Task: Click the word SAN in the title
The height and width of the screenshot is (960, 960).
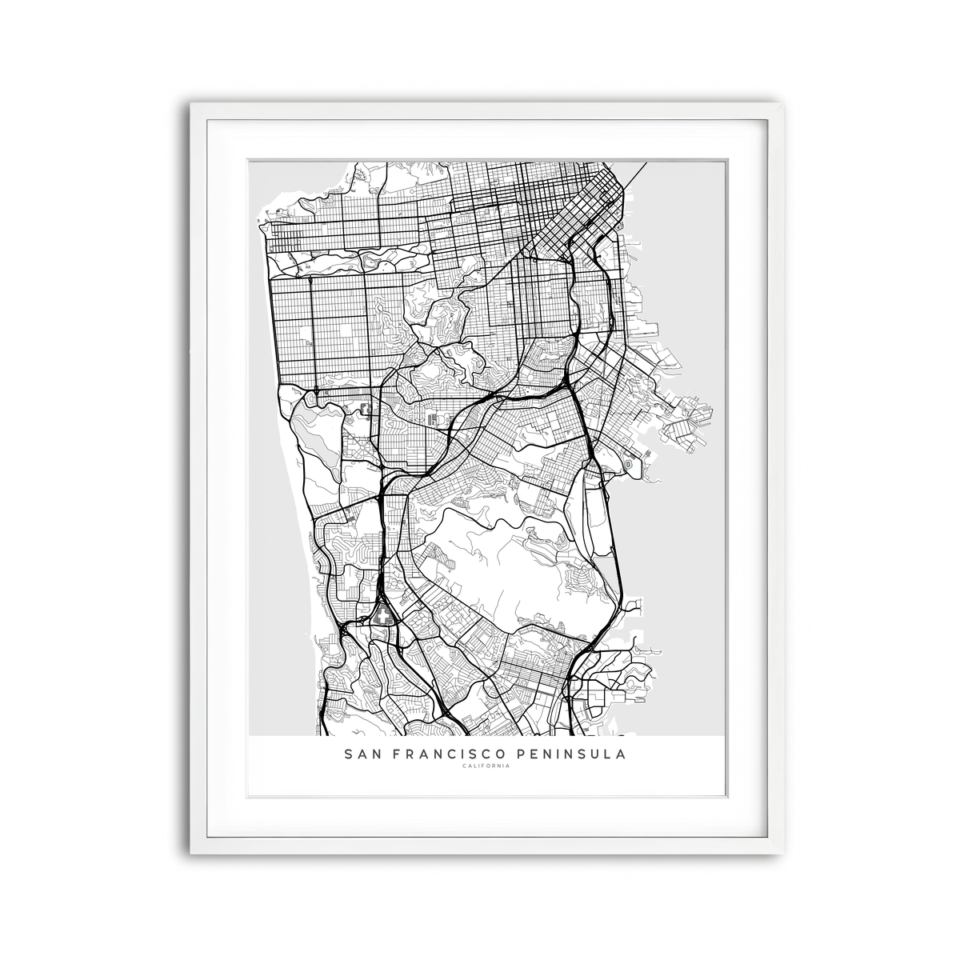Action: coord(361,754)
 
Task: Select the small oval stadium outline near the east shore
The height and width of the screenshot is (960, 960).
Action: coord(629,463)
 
